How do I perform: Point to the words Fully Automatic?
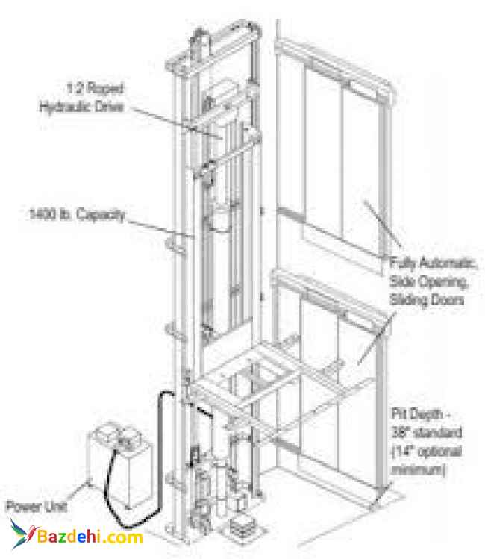tap(434, 264)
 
